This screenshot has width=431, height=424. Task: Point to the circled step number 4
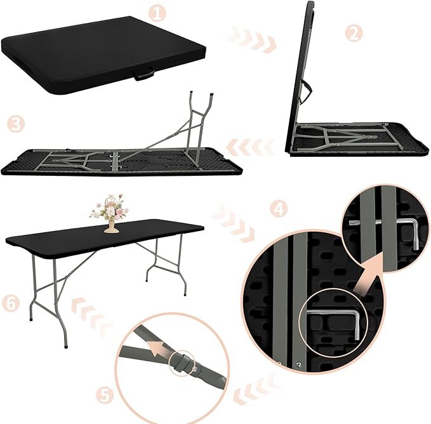277,208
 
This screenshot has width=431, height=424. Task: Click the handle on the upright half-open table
308,95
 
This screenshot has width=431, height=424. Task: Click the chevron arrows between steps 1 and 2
254,39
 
